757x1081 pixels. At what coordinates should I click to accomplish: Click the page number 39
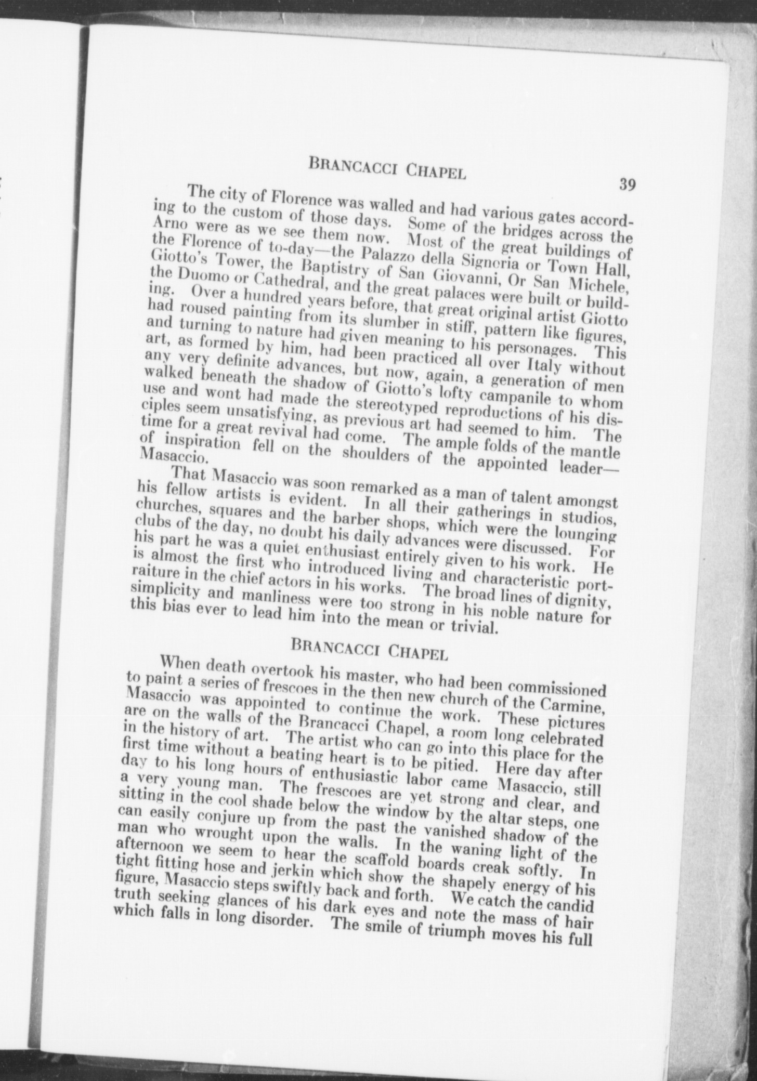pyautogui.click(x=628, y=184)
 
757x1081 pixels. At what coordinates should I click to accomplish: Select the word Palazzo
pyautogui.click(x=369, y=254)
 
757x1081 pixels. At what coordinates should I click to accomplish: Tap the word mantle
pyautogui.click(x=597, y=452)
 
